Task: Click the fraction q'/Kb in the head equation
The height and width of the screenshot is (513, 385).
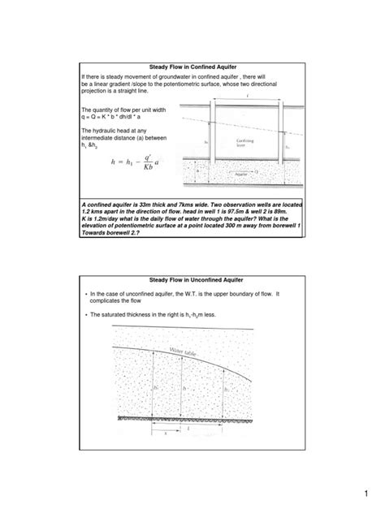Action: (146, 163)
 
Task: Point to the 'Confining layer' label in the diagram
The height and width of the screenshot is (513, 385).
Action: (248, 143)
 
